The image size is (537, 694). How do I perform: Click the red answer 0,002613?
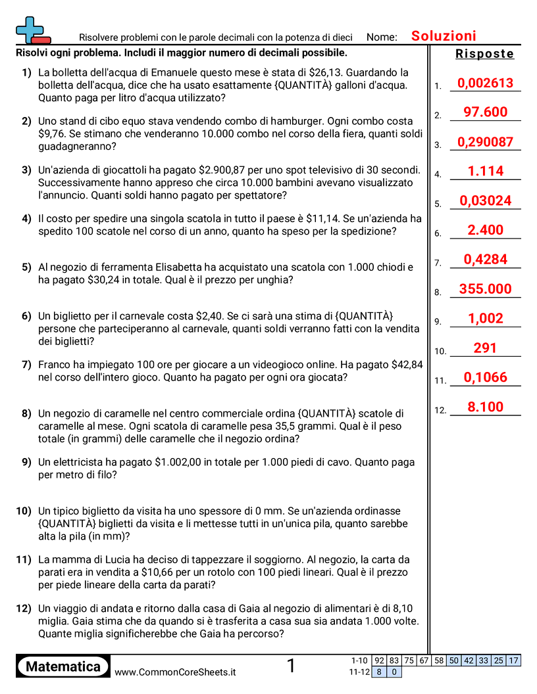484,83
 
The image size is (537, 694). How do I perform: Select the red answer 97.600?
485,112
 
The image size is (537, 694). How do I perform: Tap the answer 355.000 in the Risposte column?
485,289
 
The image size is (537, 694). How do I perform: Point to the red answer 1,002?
485,319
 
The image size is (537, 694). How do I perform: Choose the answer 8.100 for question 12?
485,407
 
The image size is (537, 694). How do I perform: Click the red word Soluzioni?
444,36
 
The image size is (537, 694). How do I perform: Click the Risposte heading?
484,54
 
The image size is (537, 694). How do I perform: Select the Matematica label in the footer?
63,666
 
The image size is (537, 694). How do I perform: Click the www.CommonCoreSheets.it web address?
175,672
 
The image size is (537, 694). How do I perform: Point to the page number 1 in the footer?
291,666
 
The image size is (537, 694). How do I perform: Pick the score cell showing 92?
379,660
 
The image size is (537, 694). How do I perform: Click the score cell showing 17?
513,660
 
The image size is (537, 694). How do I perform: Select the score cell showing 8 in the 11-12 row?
379,672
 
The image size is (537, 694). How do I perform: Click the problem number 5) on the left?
26,267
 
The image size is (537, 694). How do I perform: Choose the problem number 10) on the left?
24,511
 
